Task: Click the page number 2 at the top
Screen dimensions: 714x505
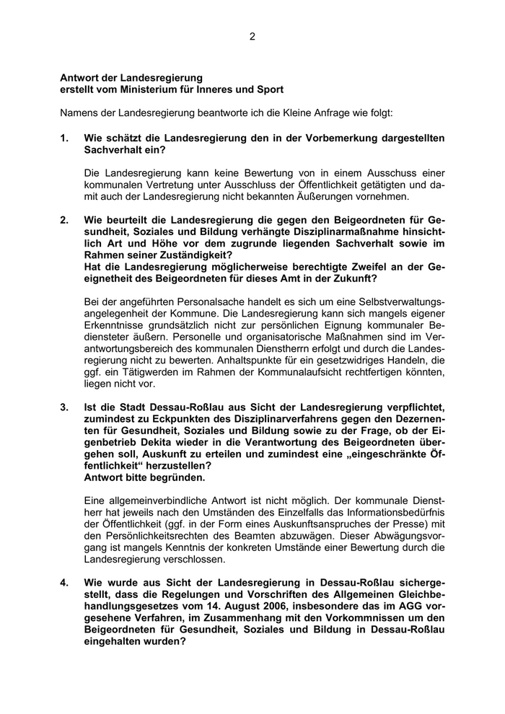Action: [x=252, y=36]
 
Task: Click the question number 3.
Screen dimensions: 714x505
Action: [x=63, y=407]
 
